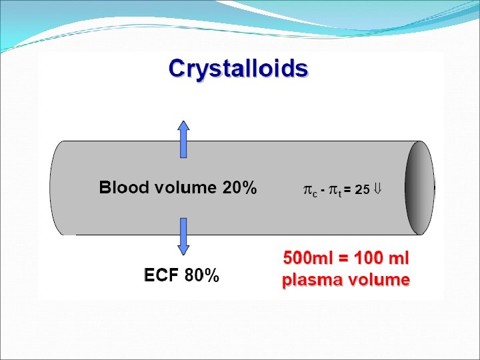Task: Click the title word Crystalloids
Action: pos(238,69)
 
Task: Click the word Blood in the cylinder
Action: pos(123,187)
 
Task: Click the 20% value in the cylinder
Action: pos(239,187)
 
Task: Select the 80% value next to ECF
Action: pos(201,275)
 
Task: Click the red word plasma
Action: pos(310,280)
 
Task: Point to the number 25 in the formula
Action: pos(362,189)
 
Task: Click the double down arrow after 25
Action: pos(377,189)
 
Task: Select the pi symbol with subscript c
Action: pos(311,190)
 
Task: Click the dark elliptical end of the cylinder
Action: pos(420,187)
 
